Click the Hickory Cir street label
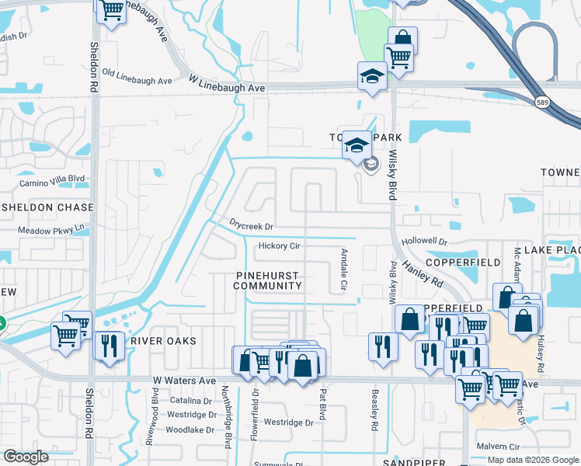[x=278, y=246]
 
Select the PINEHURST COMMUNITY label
[x=269, y=280]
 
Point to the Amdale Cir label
[x=343, y=271]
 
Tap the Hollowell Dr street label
[x=425, y=242]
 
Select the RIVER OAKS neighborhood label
[x=163, y=341]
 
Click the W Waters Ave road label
[x=184, y=381]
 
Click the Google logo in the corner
[x=26, y=457]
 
